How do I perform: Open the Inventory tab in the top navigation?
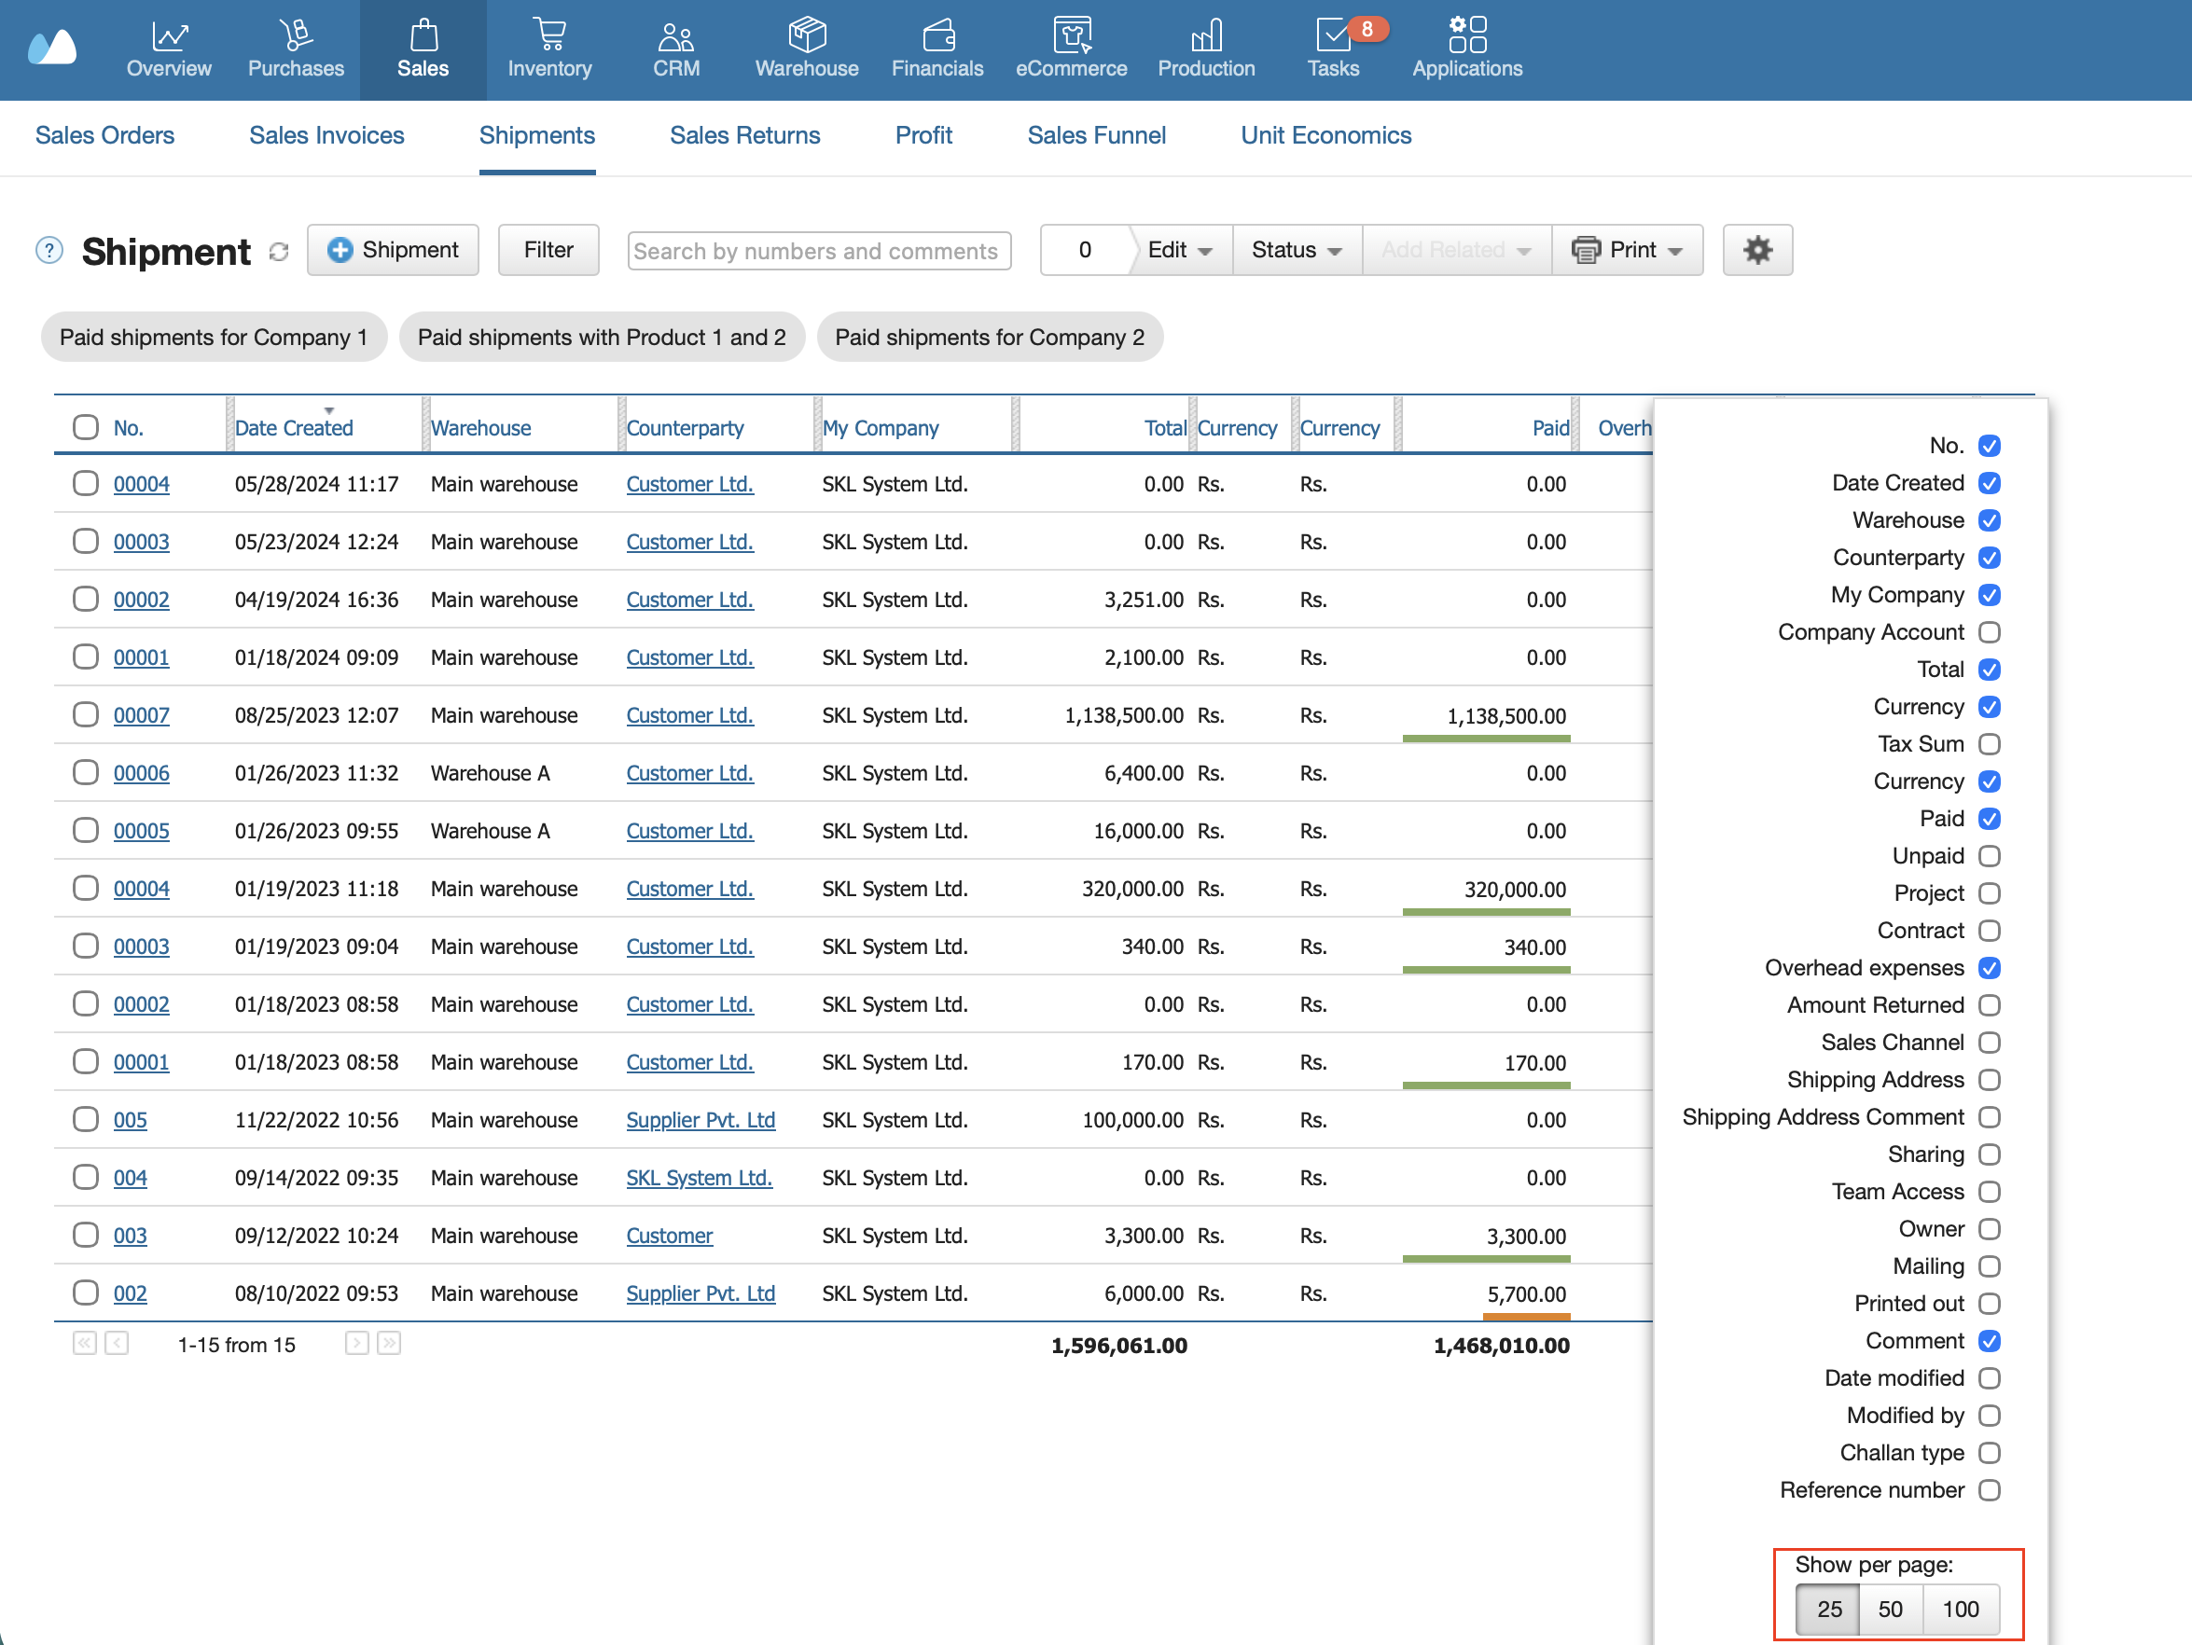coord(549,49)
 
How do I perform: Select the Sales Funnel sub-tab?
coord(1096,136)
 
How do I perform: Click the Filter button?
coord(548,250)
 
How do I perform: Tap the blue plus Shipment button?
coord(393,250)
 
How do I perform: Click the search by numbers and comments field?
coord(819,251)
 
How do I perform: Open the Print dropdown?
coord(1627,250)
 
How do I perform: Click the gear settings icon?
coord(1757,250)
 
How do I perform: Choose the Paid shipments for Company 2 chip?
coord(989,337)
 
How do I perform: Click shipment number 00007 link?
coord(142,715)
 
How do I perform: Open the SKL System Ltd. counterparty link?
coord(699,1177)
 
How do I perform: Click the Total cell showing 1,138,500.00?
coord(1124,715)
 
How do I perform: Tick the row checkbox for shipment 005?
coord(85,1119)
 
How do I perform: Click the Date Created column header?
coord(293,428)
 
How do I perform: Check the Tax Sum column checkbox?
coord(1989,744)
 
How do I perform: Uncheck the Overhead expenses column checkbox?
coord(1989,968)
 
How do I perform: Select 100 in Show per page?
coord(1960,1610)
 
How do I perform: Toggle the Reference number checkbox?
coord(1989,1490)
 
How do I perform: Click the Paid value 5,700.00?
coord(1526,1294)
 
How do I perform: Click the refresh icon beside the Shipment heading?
coord(279,252)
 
